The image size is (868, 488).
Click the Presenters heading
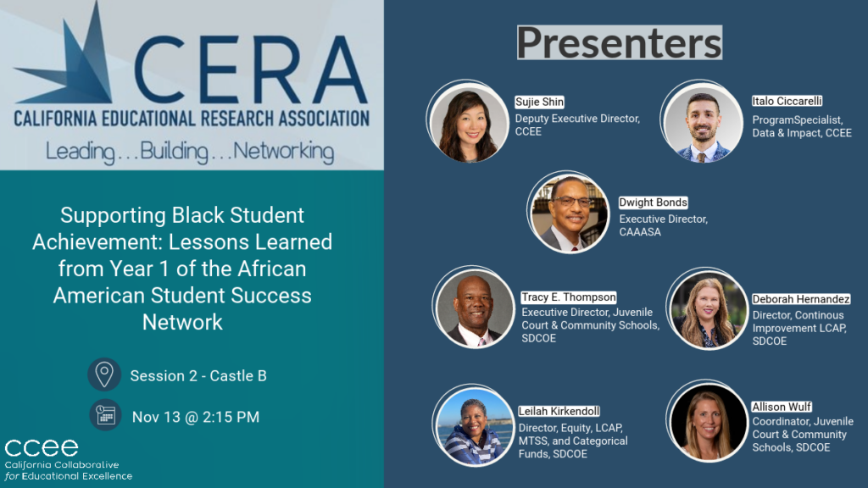[620, 42]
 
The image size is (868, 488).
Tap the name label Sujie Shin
[540, 103]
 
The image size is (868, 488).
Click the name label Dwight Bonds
[653, 203]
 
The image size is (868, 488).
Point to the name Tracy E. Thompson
[569, 297]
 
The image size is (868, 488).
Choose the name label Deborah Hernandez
[801, 299]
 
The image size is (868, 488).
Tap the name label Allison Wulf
[781, 408]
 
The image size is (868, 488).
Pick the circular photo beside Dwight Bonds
[570, 213]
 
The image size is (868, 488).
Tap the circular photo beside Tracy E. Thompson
[475, 308]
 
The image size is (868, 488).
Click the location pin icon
[104, 374]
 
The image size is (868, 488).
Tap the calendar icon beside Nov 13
[105, 416]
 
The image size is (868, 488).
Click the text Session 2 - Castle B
[198, 375]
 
